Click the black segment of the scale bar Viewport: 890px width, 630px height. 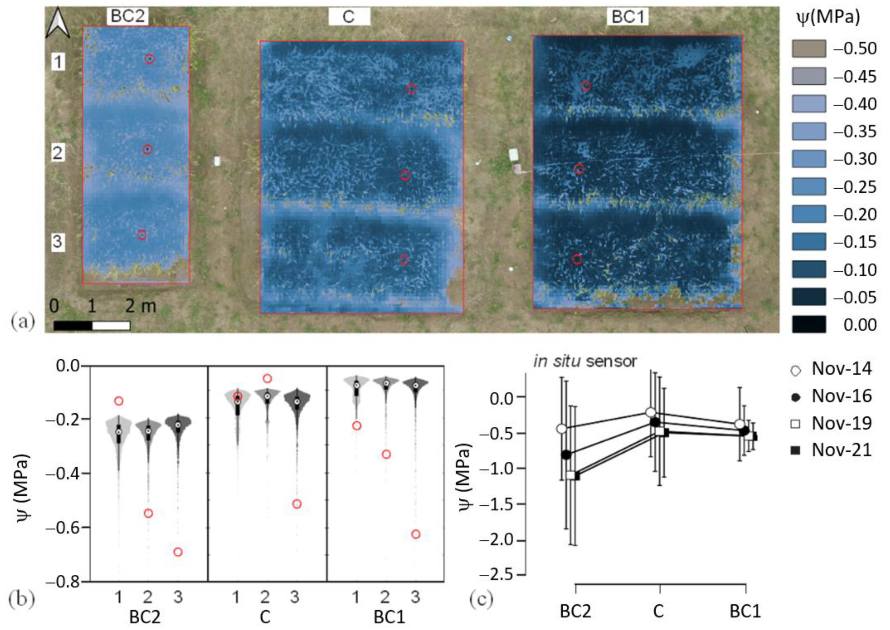click(73, 325)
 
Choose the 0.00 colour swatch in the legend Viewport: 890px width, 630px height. click(809, 325)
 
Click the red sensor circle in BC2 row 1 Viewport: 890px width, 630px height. click(150, 59)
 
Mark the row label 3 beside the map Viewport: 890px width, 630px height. click(57, 241)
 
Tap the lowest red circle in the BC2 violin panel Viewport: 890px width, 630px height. click(178, 552)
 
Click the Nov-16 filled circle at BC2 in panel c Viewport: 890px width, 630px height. click(566, 455)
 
